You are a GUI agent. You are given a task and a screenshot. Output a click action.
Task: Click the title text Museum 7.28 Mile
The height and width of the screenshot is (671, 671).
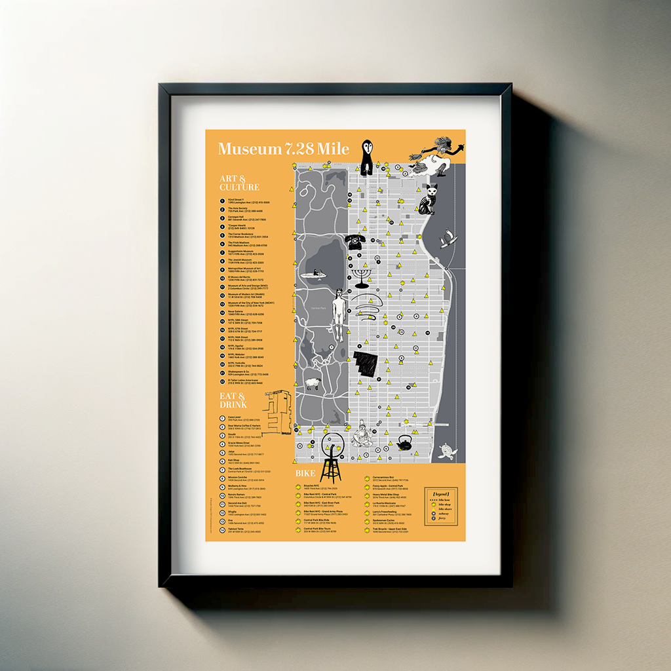[283, 149]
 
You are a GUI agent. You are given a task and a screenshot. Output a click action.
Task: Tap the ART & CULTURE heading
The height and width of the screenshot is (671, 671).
[239, 183]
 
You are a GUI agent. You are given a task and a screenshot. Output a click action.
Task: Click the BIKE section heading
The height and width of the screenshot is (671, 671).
[305, 473]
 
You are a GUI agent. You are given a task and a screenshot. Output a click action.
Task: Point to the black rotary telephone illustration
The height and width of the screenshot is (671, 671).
[355, 242]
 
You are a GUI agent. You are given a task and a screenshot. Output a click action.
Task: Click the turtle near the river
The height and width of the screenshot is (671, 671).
[448, 451]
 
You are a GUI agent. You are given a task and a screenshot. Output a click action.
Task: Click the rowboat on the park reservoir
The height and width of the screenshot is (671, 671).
[314, 273]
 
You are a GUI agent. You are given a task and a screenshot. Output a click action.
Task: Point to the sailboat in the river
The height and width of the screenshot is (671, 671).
[448, 239]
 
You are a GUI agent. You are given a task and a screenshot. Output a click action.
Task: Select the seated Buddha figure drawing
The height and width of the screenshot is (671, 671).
[361, 435]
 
